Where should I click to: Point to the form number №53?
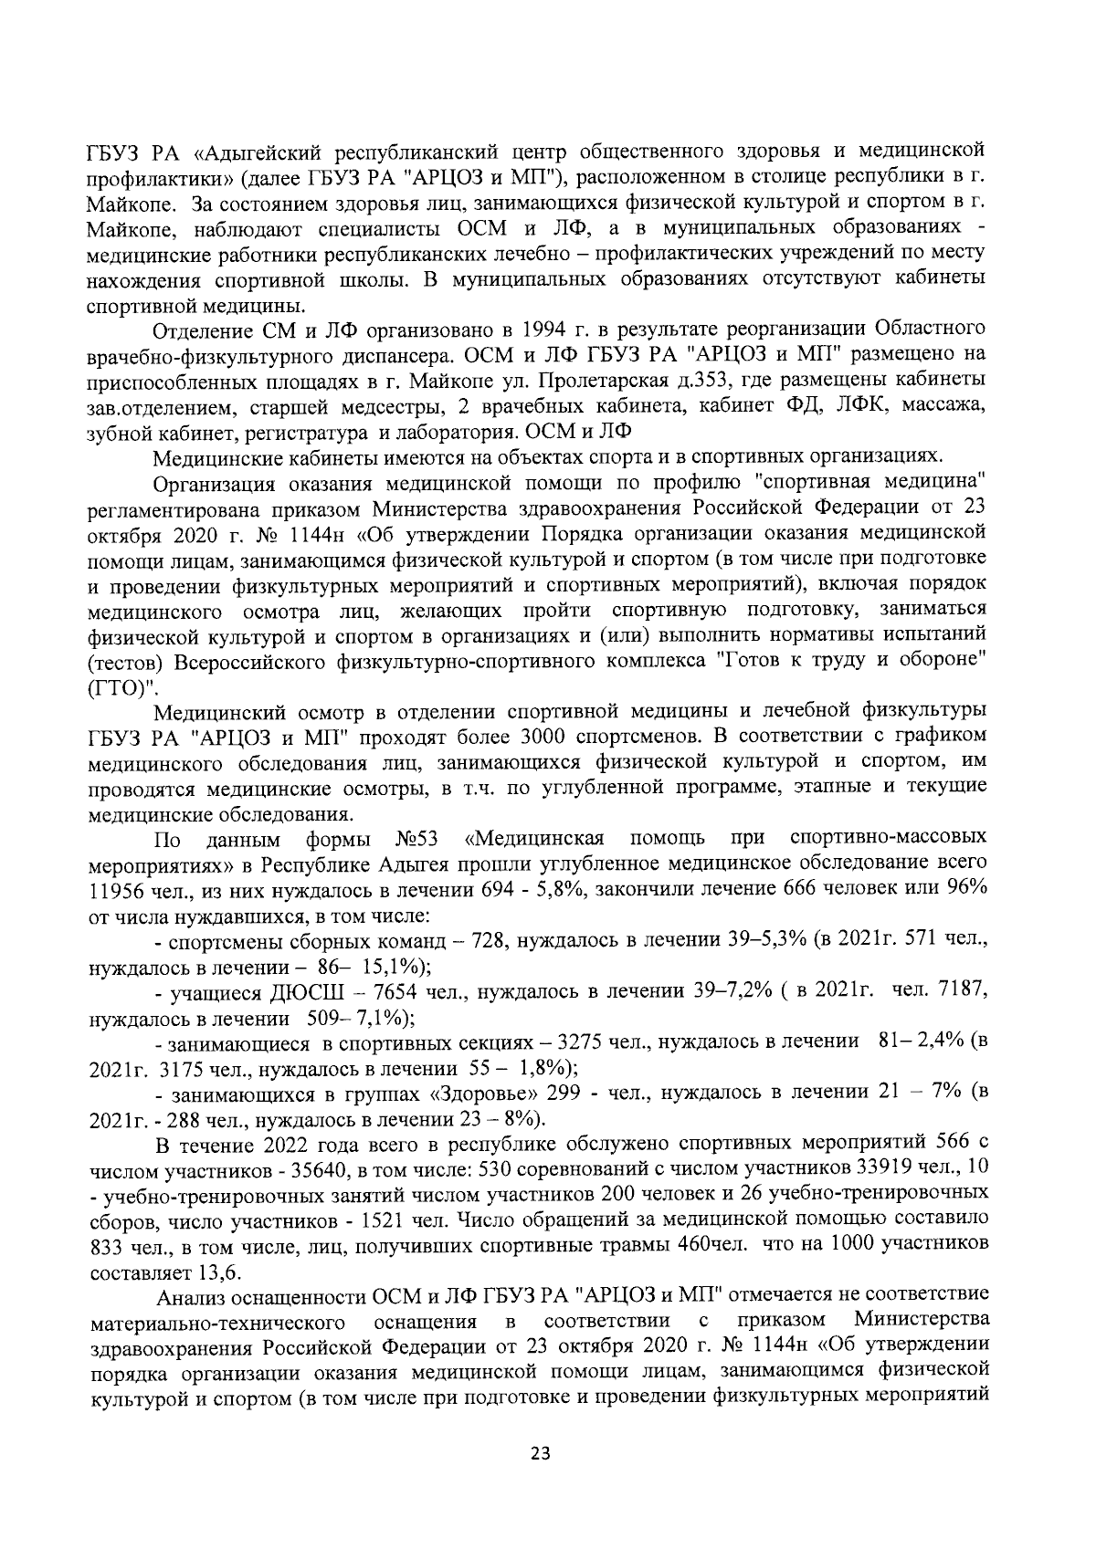tap(418, 838)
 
